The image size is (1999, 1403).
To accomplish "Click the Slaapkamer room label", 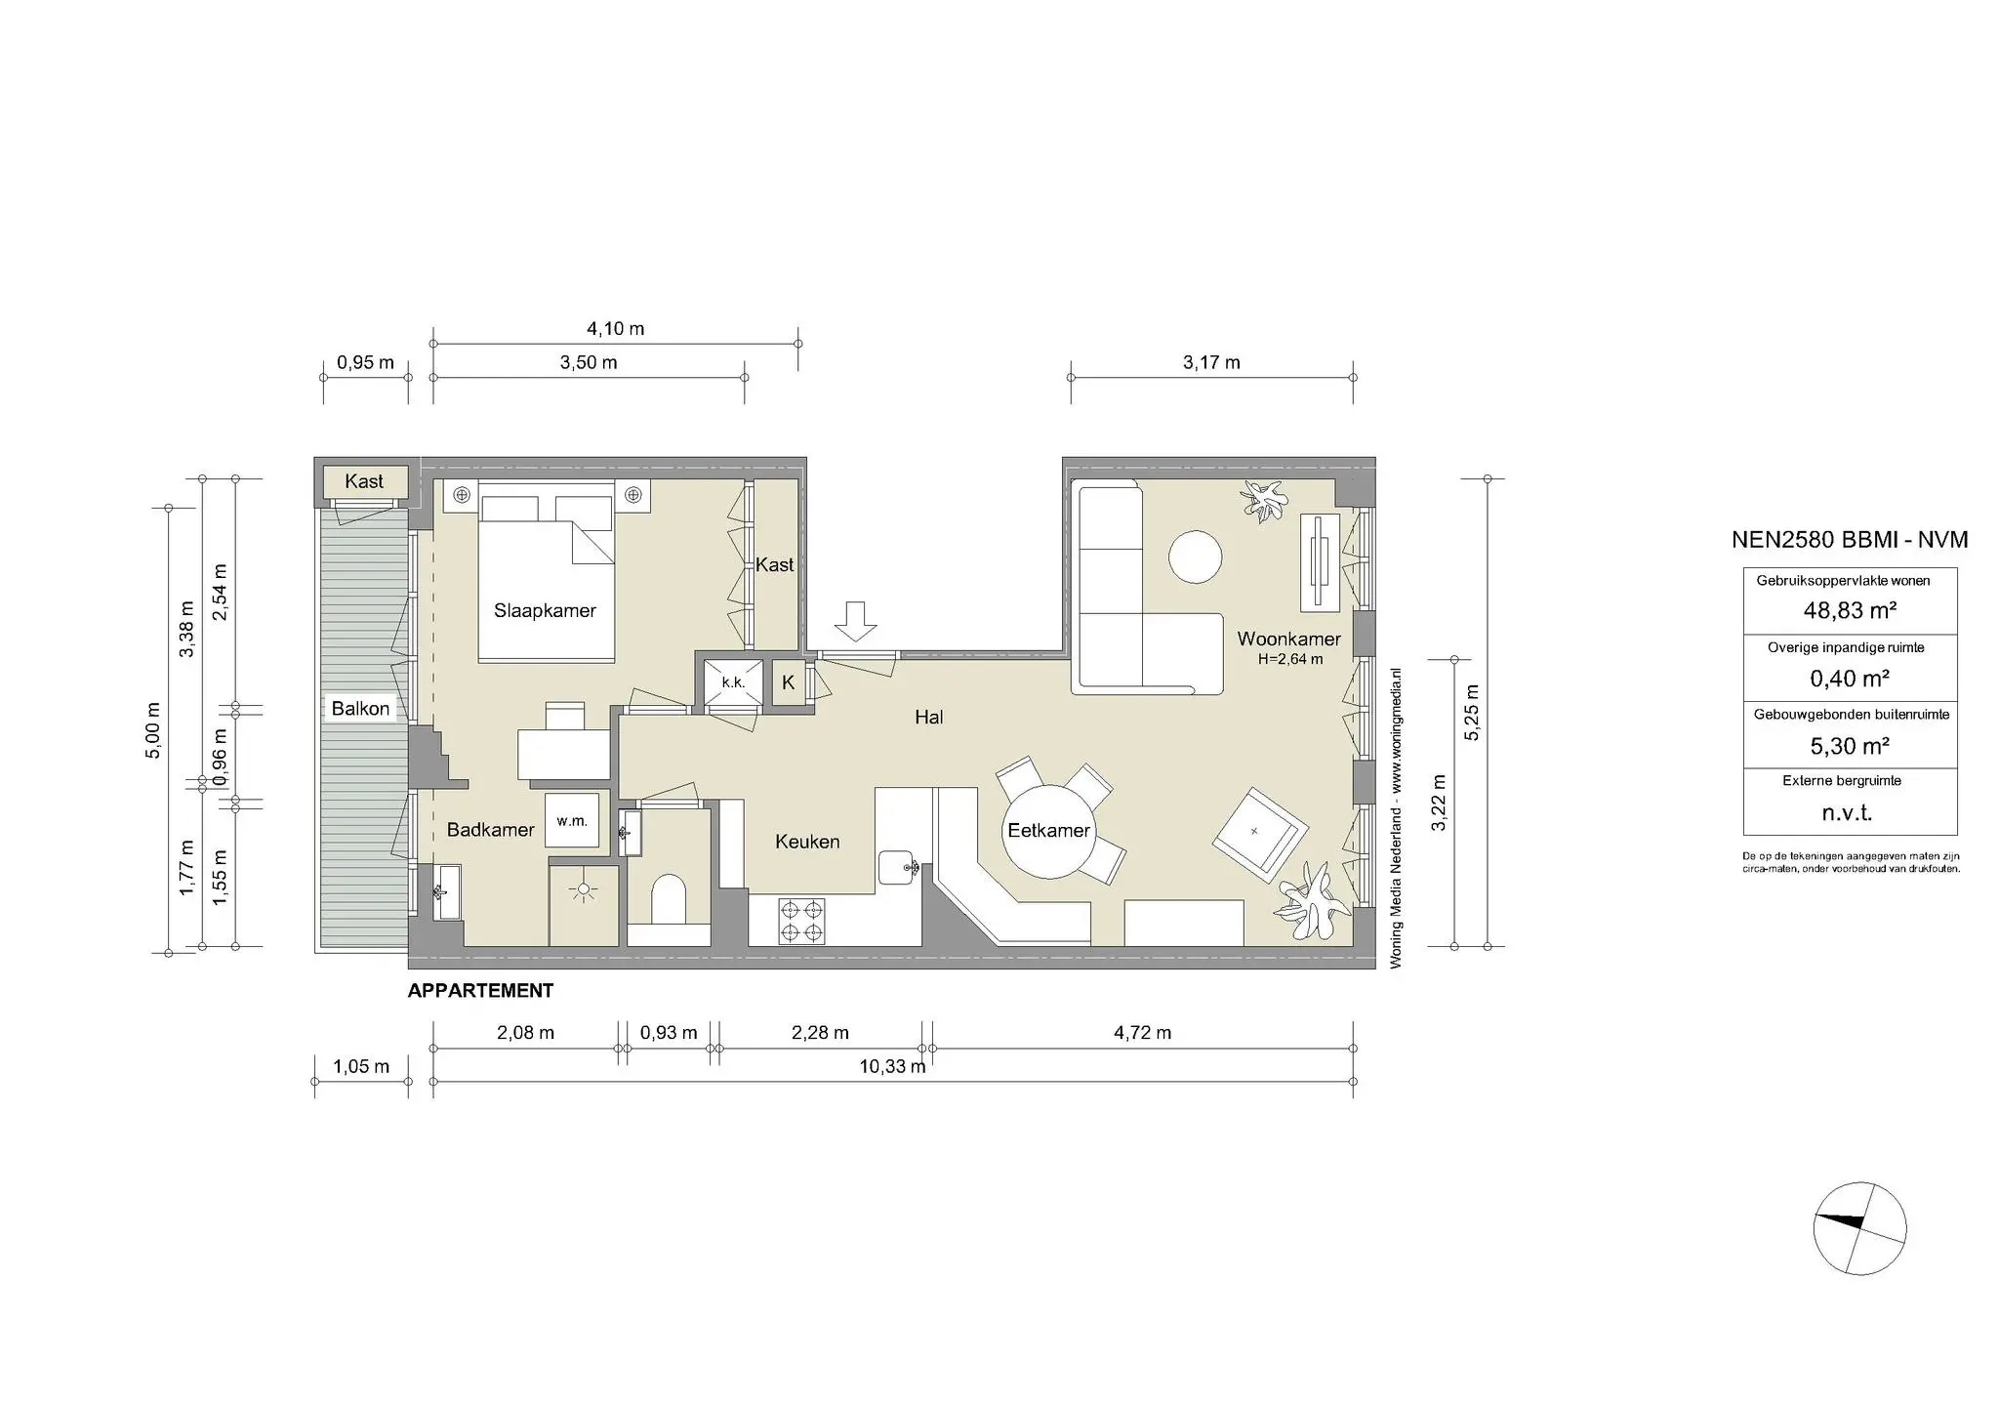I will pos(545,611).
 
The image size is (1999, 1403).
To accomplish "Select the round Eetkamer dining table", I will pos(1049,831).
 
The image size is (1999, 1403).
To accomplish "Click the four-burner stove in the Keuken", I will pos(802,921).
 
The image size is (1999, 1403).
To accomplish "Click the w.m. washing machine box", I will pos(572,821).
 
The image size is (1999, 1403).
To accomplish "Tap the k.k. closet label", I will pos(733,682).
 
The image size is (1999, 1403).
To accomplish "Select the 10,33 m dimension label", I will pos(892,1066).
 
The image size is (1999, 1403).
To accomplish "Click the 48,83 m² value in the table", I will pos(1850,611).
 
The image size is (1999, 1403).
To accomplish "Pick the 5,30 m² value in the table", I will pos(1850,746).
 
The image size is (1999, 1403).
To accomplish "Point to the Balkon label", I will pos(360,709).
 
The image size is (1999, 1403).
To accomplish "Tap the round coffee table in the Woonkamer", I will pos(1196,557).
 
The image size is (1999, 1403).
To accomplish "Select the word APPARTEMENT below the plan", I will pos(480,991).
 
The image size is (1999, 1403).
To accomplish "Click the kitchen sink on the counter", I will pos(895,866).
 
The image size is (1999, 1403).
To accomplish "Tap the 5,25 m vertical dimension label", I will pos(1472,713).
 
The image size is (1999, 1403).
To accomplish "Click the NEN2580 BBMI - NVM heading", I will pos(1849,540).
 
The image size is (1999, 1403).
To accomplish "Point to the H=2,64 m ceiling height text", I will pos(1290,659).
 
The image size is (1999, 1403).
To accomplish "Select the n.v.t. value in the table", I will pos(1848,813).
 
